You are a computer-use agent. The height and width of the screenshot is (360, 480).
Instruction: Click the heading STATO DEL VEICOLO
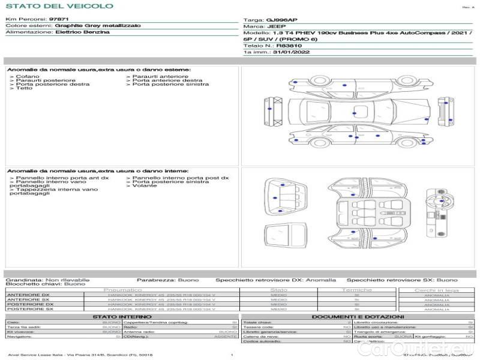(59, 6)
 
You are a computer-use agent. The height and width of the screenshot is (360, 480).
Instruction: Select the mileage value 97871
(59, 20)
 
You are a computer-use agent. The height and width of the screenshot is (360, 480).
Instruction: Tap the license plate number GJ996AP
(281, 20)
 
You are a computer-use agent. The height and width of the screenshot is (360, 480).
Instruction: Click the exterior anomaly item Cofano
(28, 76)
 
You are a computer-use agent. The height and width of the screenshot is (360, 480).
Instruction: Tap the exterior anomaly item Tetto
(25, 89)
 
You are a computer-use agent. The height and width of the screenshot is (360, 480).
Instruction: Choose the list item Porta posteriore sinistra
(171, 85)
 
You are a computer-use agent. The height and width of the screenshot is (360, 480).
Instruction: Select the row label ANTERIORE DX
(28, 295)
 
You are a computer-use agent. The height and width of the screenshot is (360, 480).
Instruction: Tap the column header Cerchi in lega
(437, 290)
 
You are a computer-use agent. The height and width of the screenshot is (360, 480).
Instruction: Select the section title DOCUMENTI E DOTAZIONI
(358, 316)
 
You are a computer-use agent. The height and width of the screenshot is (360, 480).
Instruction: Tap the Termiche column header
(357, 290)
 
